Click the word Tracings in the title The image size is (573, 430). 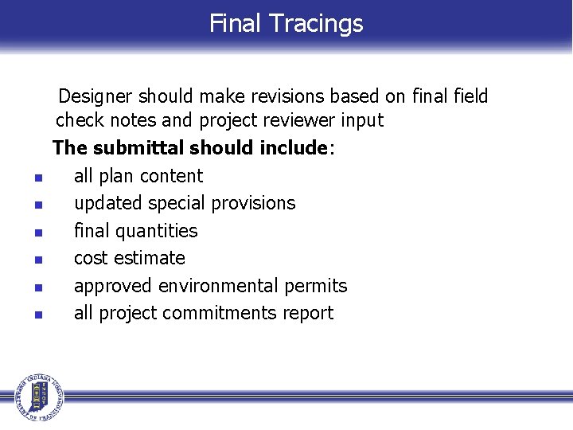click(317, 23)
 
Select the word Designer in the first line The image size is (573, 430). click(95, 97)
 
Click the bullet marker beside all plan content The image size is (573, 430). click(37, 178)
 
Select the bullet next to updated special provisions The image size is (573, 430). click(37, 205)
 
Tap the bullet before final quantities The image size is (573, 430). click(37, 233)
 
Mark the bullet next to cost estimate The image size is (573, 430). click(37, 260)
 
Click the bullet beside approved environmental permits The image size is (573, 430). click(37, 287)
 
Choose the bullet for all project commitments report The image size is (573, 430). click(37, 315)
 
